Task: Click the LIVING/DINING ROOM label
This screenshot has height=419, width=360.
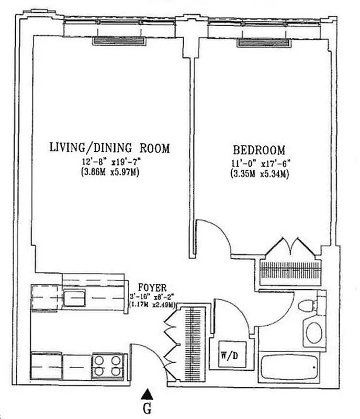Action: (110, 148)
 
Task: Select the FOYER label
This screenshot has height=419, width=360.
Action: (152, 287)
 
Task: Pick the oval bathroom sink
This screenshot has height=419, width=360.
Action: (316, 333)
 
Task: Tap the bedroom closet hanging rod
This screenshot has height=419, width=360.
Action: (290, 270)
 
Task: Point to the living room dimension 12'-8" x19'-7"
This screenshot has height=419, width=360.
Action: (110, 163)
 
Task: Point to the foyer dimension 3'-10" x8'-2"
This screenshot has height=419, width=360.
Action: (152, 296)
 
